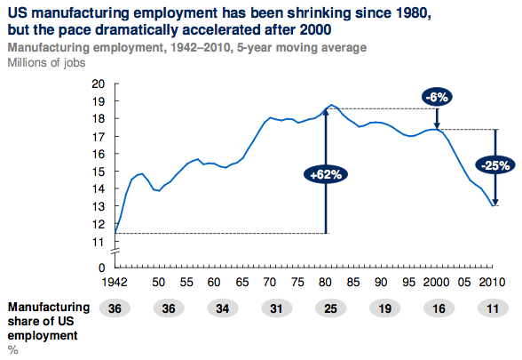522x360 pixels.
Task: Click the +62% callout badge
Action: point(326,174)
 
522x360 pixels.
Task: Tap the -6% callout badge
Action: point(437,98)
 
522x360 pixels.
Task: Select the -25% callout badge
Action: point(495,165)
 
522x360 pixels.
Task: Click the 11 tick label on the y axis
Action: point(99,242)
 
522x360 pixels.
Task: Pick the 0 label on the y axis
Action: point(101,268)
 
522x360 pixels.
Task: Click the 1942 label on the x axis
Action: point(115,283)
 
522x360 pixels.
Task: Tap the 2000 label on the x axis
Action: point(436,283)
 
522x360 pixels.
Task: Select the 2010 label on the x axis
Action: point(492,283)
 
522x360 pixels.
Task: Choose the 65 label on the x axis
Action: point(242,283)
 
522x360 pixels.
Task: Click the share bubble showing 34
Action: point(222,308)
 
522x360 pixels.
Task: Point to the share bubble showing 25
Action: point(330,308)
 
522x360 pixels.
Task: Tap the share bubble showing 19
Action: point(385,308)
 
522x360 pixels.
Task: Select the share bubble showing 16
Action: point(439,308)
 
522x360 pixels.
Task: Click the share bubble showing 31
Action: point(276,308)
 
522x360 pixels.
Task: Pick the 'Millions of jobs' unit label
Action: point(46,62)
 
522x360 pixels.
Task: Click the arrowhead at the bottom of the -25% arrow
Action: point(495,203)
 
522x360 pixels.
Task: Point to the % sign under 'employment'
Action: point(13,350)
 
